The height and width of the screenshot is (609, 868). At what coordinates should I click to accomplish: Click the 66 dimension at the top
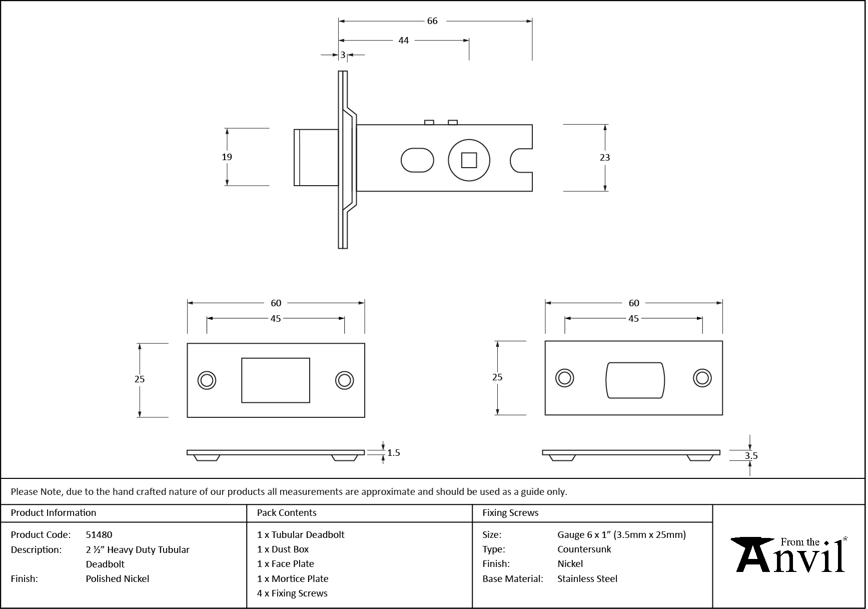point(432,21)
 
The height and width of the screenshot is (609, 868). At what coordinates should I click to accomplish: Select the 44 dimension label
point(404,41)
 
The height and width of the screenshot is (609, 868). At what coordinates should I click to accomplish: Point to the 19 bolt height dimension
point(227,157)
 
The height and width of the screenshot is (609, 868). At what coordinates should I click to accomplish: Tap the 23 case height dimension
point(605,158)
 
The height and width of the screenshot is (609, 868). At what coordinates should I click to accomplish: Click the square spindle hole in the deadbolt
point(469,161)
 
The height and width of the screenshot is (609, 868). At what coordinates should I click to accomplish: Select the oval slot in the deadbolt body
point(417,160)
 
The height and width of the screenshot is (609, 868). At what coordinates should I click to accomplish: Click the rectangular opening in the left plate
point(276,380)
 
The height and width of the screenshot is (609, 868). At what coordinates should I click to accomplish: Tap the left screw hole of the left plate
point(207,380)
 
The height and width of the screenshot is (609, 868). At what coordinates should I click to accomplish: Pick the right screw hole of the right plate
point(702,378)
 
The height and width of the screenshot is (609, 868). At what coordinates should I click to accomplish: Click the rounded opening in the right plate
point(635,380)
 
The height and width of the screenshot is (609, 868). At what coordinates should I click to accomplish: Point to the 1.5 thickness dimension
point(393,453)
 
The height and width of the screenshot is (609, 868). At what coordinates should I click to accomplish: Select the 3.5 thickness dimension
point(751,456)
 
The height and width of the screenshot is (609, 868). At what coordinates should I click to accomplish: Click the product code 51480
point(99,534)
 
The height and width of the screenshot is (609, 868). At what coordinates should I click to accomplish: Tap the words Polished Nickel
point(118,578)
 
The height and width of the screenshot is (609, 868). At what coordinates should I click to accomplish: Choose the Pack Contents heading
point(287,513)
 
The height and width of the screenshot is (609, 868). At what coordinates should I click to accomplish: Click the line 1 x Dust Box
point(283,549)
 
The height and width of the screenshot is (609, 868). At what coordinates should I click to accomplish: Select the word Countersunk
point(584,549)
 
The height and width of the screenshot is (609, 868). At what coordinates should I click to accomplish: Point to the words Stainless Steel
point(587,578)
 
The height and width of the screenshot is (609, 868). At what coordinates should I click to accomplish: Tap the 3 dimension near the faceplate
point(343,55)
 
